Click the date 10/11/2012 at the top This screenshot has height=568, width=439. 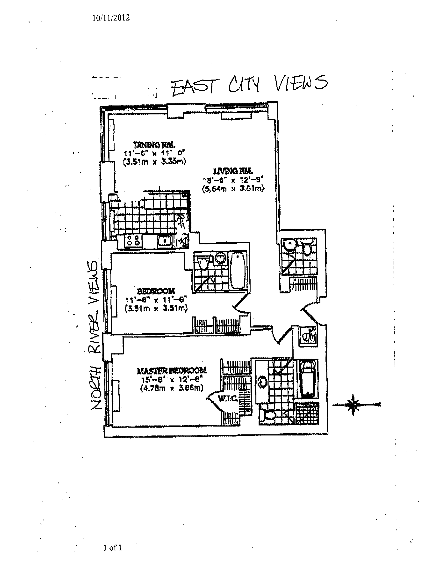coord(111,18)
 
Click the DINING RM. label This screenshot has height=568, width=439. coord(154,145)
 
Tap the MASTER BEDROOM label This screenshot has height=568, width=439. coord(172,370)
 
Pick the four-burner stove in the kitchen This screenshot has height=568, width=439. coord(133,241)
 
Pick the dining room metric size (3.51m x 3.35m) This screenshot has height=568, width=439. coord(154,162)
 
